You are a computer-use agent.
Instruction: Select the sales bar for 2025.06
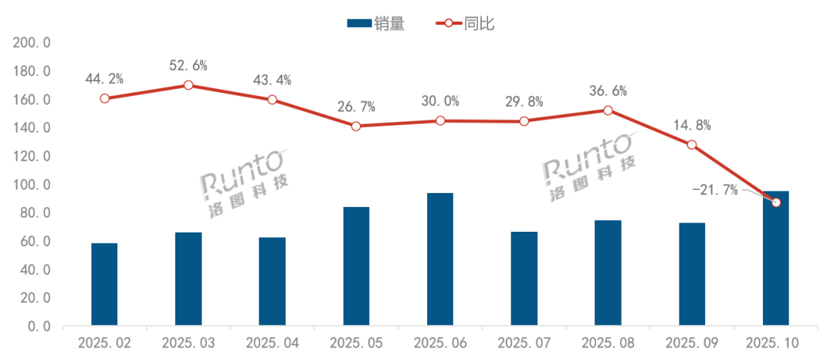pos(440,259)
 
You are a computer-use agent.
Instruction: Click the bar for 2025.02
pos(104,284)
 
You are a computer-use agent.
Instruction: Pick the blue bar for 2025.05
pos(356,266)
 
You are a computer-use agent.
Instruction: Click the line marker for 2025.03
pos(188,85)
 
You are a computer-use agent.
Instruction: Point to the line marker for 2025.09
pos(692,145)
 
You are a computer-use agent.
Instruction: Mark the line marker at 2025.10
pos(776,202)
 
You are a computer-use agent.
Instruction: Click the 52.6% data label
pos(188,65)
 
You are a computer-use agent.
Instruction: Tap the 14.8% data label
pos(692,125)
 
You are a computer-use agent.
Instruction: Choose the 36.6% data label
pos(608,90)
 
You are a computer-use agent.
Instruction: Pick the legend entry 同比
pos(467,23)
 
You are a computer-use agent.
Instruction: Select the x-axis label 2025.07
pos(524,341)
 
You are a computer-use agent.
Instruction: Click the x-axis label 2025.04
pos(272,341)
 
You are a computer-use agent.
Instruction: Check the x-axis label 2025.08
pos(608,341)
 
